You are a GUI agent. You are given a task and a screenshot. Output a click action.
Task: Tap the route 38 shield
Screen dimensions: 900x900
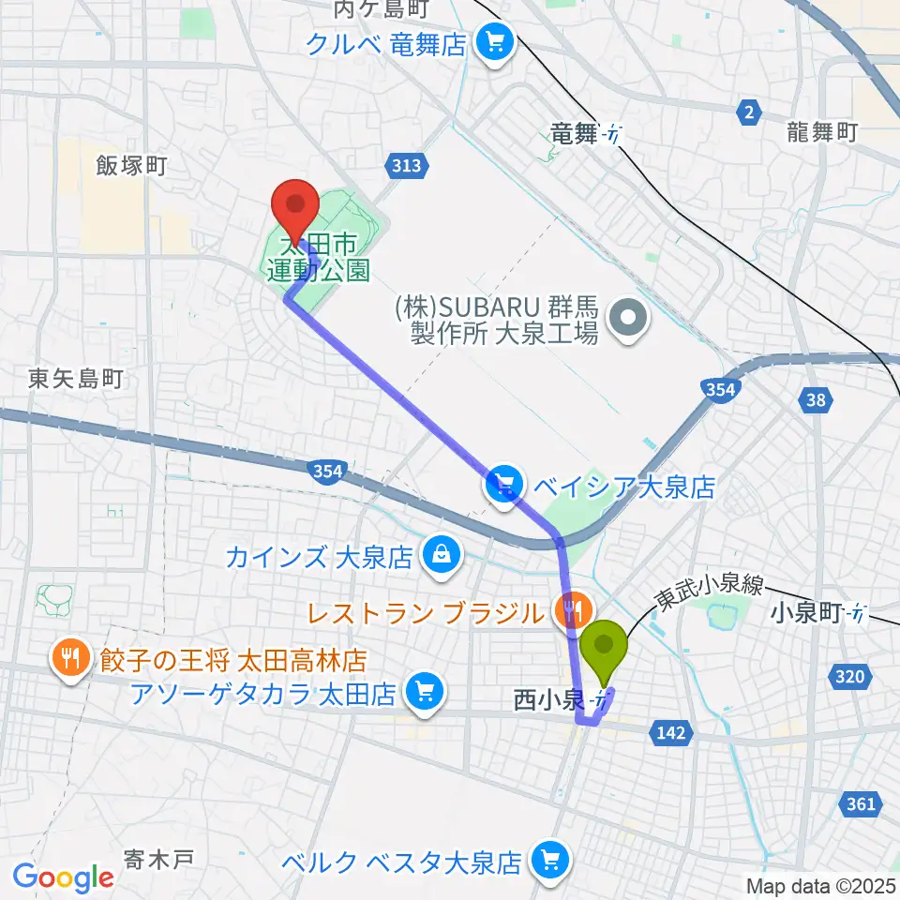(817, 401)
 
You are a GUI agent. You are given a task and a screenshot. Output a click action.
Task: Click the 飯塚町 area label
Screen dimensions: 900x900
(131, 166)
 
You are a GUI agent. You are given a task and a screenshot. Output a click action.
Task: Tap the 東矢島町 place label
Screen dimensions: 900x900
(75, 379)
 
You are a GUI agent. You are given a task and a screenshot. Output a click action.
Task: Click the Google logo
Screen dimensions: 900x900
(63, 877)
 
